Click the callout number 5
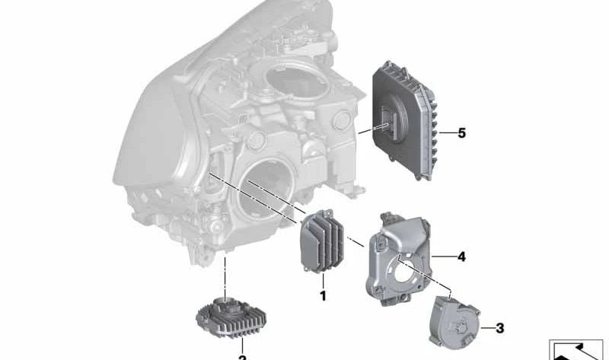point(461,133)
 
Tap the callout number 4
point(461,256)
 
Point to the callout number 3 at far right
point(499,329)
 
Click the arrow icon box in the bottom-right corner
point(576,349)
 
